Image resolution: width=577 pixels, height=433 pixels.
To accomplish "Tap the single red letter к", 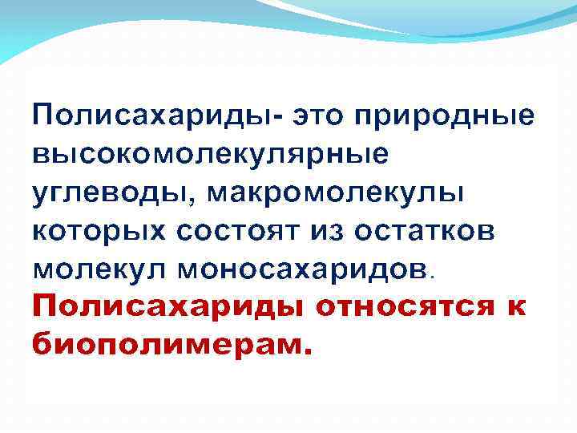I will (518, 307).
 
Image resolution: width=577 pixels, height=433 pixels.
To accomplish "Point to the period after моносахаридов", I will (433, 275).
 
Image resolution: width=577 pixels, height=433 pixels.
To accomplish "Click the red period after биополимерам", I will (301, 352).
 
